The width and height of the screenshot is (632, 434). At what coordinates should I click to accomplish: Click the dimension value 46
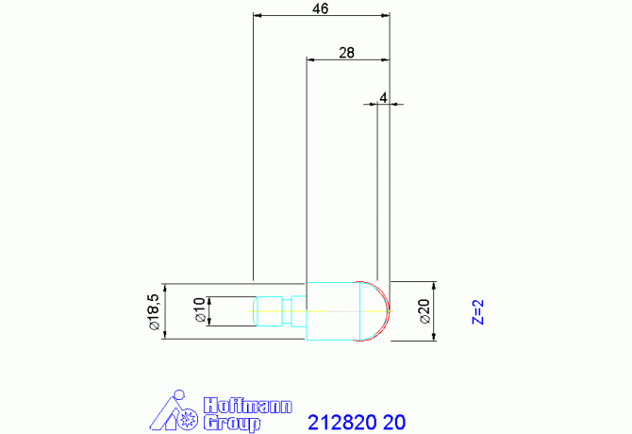(321, 8)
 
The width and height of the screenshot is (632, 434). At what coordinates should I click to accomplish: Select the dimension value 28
(346, 53)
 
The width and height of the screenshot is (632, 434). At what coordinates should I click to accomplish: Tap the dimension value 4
(383, 97)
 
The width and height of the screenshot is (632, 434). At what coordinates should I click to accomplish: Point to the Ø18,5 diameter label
(155, 311)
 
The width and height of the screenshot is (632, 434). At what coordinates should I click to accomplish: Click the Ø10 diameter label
(200, 310)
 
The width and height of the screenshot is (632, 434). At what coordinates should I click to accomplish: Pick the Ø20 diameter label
(424, 311)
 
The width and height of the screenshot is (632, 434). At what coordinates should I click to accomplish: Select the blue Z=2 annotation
(478, 311)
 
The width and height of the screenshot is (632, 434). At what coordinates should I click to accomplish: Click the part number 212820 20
(357, 423)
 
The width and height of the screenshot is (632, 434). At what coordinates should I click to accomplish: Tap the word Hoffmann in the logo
(247, 406)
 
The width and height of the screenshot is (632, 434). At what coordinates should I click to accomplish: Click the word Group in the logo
(232, 424)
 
